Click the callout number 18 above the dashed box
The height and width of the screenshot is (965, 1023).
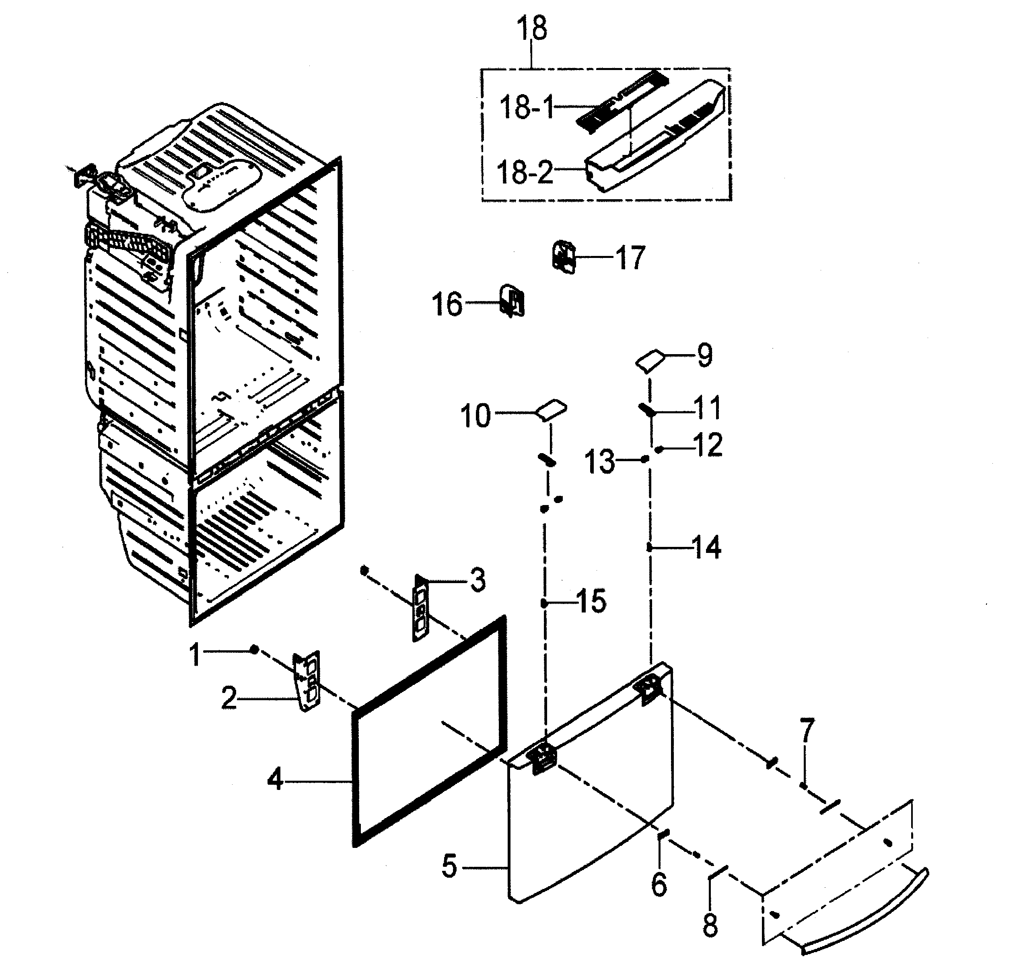click(532, 29)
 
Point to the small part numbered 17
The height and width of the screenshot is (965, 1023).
click(564, 256)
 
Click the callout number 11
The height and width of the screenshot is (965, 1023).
click(708, 408)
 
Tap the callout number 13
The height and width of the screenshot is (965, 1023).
click(599, 462)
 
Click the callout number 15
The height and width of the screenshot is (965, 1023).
click(592, 601)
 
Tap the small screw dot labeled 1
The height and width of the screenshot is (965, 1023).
click(254, 650)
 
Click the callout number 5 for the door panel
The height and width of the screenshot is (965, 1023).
click(449, 866)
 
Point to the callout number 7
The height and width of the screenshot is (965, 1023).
click(806, 730)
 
